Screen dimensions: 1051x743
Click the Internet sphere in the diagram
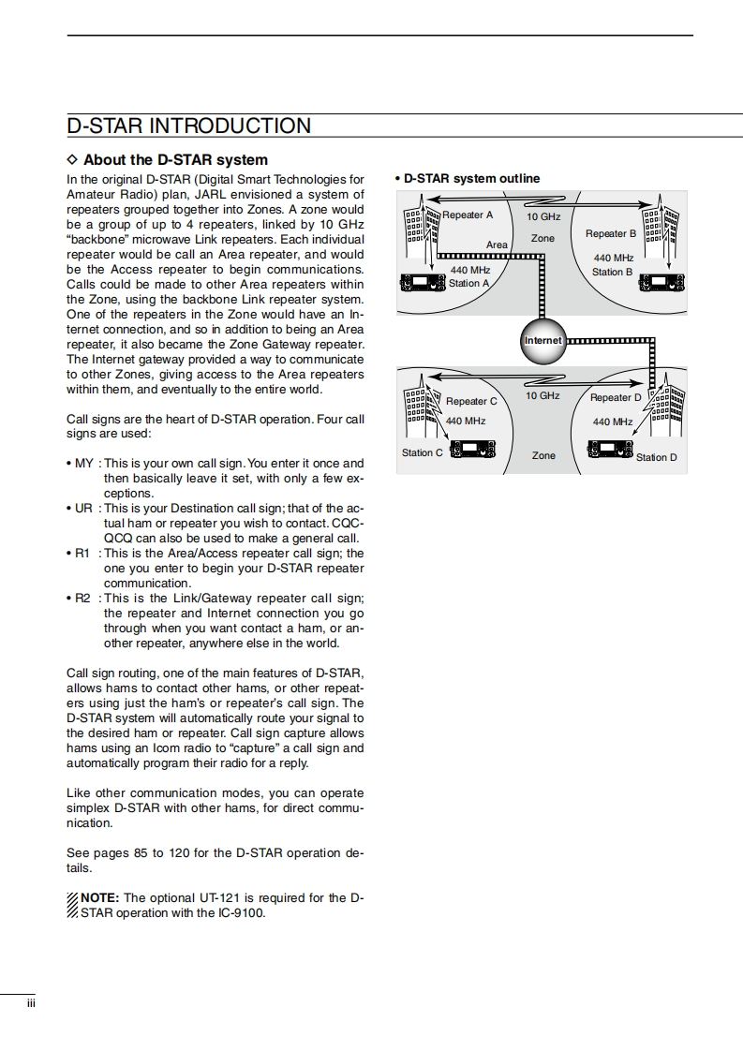542,340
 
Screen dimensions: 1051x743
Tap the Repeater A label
468,215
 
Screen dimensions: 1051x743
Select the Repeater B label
611,233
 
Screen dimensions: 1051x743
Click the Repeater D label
617,397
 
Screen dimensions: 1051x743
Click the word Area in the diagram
497,244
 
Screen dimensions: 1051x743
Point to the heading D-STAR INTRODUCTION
189,126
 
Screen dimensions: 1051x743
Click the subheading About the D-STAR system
175,160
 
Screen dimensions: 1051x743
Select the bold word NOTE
99,898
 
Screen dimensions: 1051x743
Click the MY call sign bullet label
83,464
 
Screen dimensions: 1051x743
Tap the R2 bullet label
82,599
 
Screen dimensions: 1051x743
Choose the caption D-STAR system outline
471,179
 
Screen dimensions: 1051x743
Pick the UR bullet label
83,509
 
